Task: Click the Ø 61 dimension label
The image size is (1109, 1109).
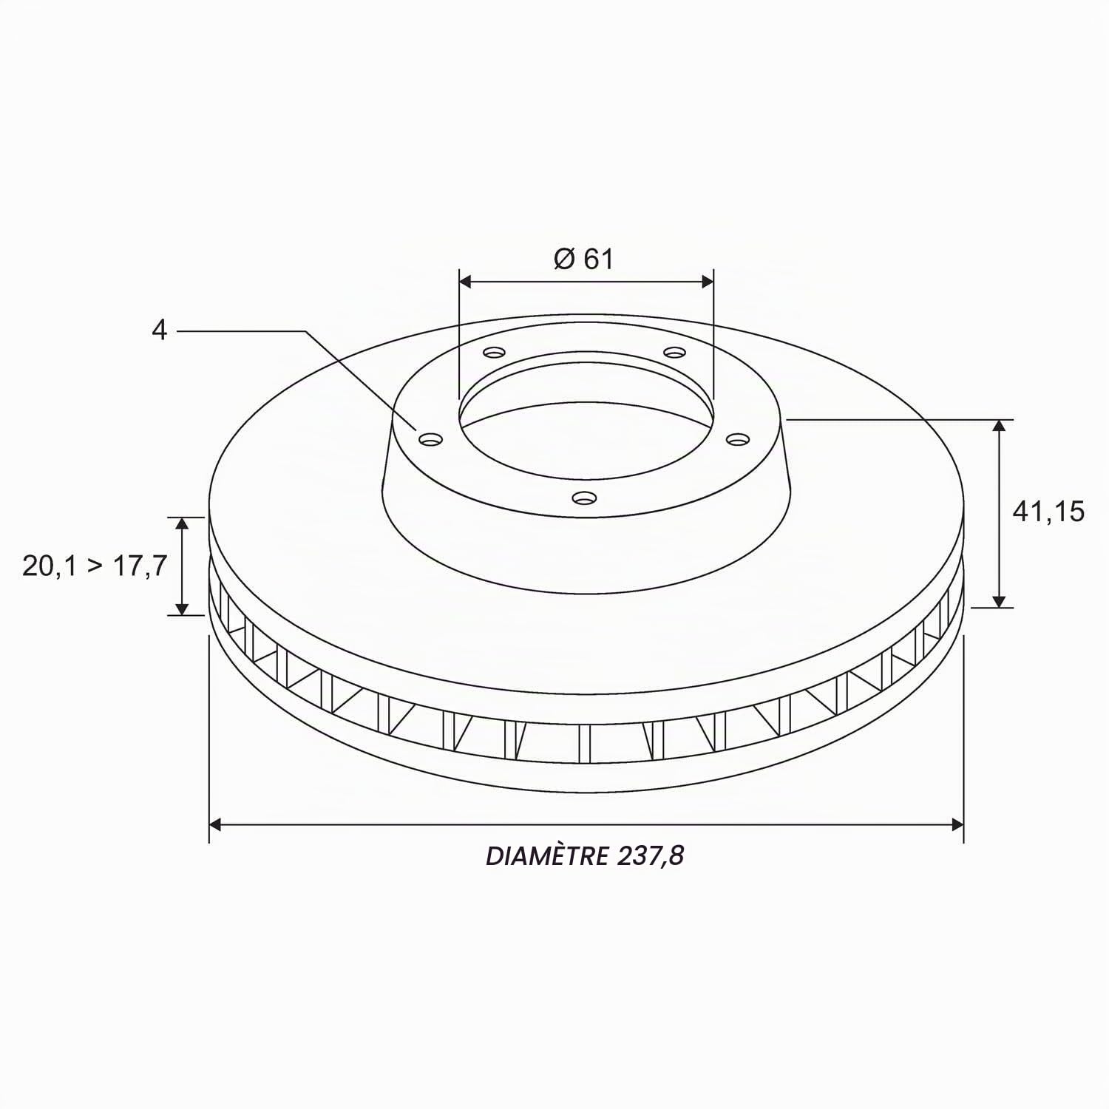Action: (x=583, y=259)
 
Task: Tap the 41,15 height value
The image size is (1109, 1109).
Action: (x=1048, y=511)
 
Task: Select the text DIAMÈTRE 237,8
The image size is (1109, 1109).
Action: (x=585, y=855)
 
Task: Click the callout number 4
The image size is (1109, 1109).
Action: (x=160, y=330)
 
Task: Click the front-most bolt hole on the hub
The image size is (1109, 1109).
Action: (x=584, y=498)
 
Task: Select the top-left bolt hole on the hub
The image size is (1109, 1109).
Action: (x=494, y=352)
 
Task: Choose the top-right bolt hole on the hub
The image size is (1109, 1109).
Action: (x=674, y=352)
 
